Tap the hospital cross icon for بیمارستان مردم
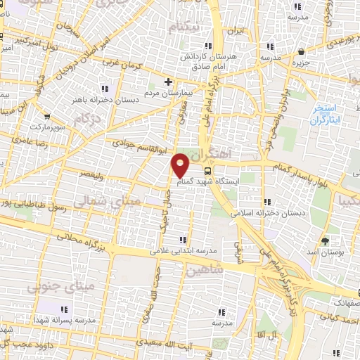click(x=169, y=81)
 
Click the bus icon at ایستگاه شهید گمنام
click(x=207, y=170)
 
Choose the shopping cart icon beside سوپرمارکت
click(x=47, y=117)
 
